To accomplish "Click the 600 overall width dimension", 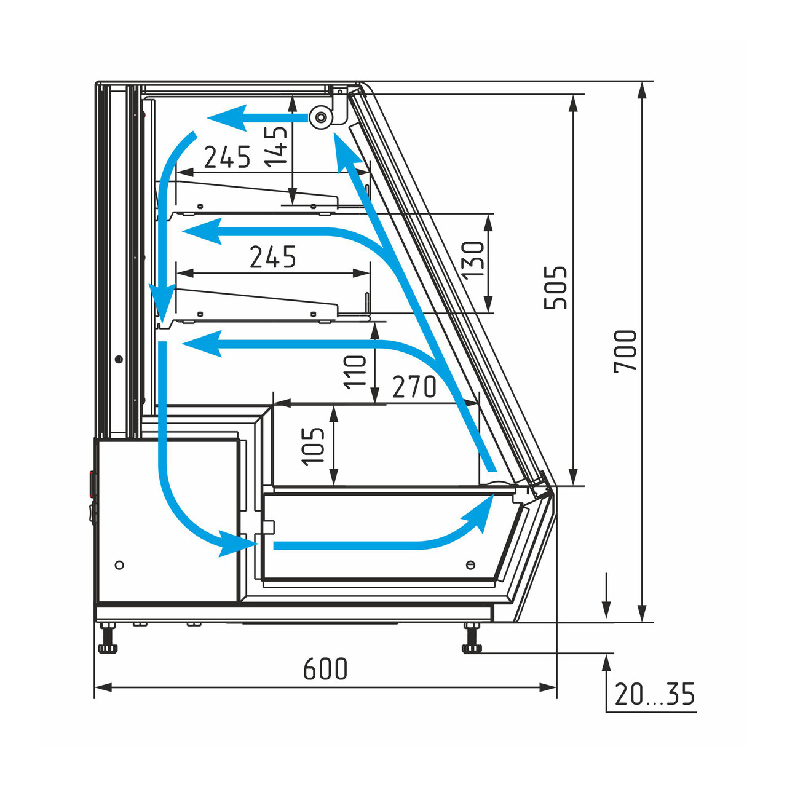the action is click(325, 668).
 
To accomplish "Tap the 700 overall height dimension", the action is click(625, 351).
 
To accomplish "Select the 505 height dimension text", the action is click(556, 288).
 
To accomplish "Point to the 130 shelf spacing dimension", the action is click(473, 259).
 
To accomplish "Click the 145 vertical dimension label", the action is click(276, 147).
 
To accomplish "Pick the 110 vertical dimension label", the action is click(355, 372).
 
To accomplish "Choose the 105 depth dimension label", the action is click(313, 446).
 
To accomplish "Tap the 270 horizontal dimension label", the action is click(414, 387).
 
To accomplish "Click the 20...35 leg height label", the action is click(654, 694).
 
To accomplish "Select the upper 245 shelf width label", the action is click(227, 157).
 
